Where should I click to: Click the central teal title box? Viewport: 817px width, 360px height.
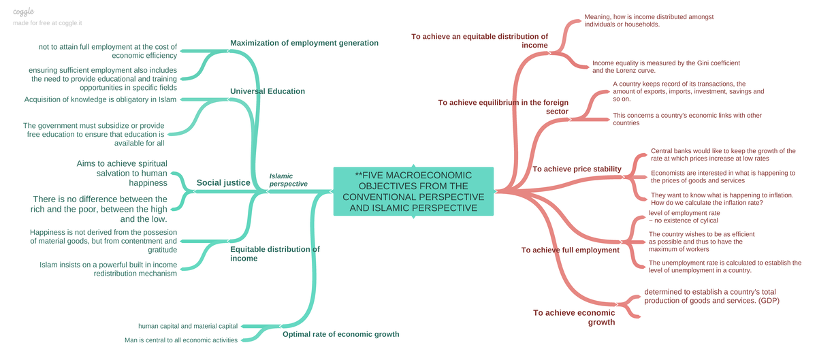click(x=414, y=191)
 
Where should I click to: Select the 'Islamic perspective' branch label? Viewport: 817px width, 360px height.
click(x=288, y=180)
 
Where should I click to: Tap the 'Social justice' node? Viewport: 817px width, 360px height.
click(x=223, y=182)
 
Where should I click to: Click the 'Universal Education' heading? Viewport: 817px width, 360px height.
click(x=268, y=91)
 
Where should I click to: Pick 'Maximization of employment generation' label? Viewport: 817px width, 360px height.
click(x=304, y=43)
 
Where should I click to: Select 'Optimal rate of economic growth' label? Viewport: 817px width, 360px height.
click(x=340, y=334)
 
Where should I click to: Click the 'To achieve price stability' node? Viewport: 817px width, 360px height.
click(x=577, y=169)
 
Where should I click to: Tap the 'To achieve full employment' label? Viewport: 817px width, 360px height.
click(x=570, y=250)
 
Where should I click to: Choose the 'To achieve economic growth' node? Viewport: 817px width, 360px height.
click(x=574, y=317)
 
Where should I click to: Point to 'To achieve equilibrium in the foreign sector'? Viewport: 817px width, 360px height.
click(x=503, y=107)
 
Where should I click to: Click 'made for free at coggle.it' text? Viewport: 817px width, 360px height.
click(x=47, y=23)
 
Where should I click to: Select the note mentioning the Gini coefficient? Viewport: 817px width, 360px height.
click(x=665, y=67)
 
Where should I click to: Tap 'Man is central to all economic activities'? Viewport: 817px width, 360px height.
click(x=181, y=340)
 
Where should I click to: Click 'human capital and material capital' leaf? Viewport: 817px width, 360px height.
click(x=188, y=327)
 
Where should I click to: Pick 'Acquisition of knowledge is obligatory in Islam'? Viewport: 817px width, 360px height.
click(x=100, y=99)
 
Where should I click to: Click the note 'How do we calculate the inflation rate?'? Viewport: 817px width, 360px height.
click(x=707, y=203)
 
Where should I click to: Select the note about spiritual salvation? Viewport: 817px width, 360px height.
click(x=121, y=173)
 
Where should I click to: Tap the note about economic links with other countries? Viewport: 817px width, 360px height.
click(x=687, y=119)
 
